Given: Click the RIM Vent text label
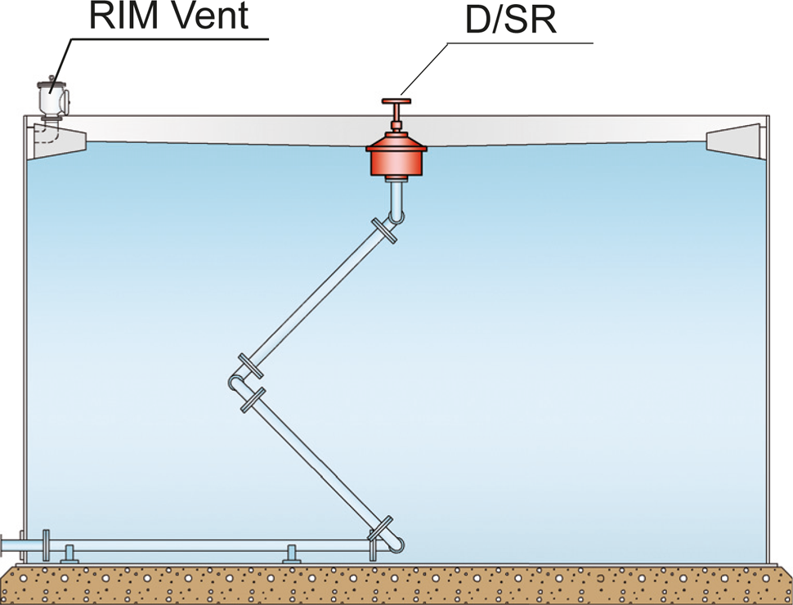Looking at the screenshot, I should (x=167, y=16).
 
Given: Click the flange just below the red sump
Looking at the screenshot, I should (x=383, y=231).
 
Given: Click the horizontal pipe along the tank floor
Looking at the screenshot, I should (x=204, y=544).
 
